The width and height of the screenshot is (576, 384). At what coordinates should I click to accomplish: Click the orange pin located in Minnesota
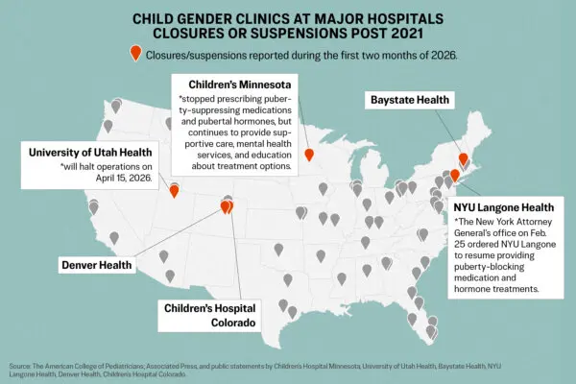308,155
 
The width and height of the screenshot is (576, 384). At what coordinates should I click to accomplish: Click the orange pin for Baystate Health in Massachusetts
463,159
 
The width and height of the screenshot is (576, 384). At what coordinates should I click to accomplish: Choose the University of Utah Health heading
90,151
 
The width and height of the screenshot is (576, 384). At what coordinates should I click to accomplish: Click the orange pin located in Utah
174,188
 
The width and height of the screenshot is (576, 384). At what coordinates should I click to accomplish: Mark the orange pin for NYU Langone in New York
455,175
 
